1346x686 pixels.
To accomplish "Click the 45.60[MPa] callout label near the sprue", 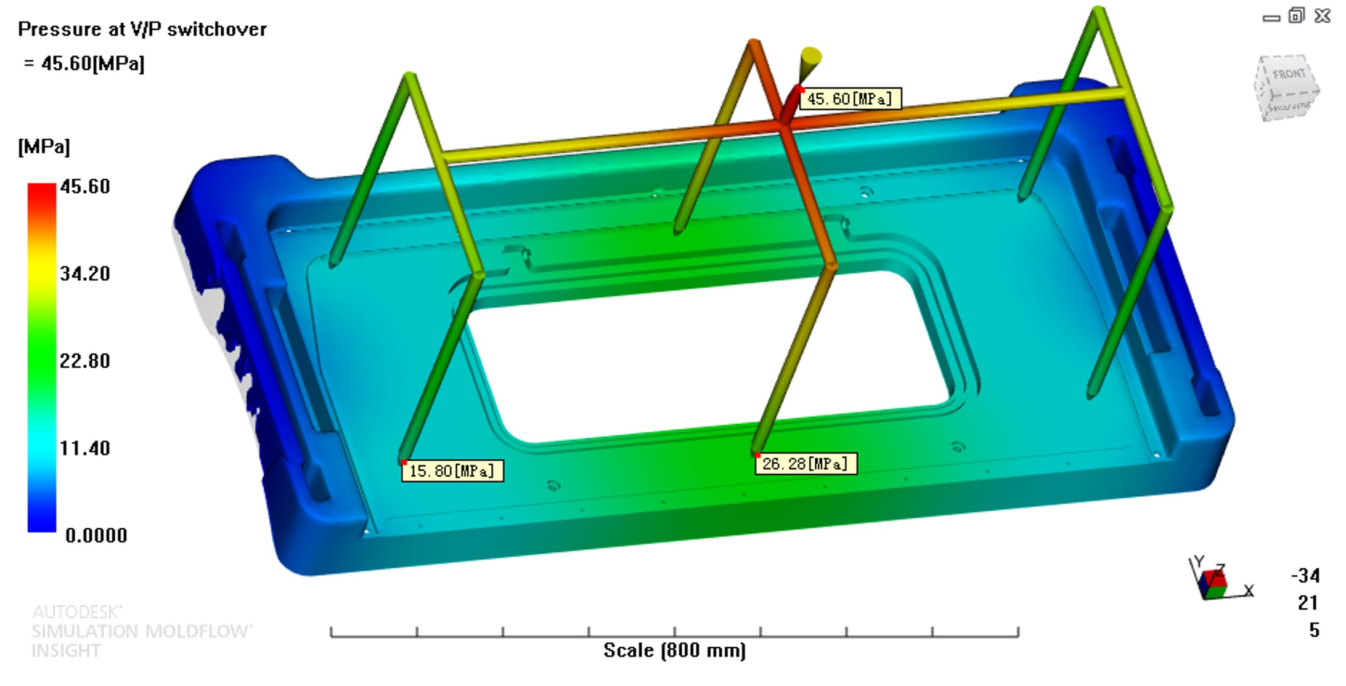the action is pos(850,99).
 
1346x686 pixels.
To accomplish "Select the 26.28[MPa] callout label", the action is pos(806,464).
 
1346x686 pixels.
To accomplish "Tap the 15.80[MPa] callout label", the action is pos(452,471).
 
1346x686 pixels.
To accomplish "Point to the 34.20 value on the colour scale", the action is pos(85,273).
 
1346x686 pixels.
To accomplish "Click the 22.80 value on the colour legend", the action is pos(85,361).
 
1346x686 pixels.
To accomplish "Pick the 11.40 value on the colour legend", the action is pos(85,448).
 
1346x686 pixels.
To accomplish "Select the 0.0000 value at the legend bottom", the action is pos(96,536).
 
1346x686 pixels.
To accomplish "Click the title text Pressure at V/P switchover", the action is pos(142,29).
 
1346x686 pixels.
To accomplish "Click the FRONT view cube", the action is pos(1286,88).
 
